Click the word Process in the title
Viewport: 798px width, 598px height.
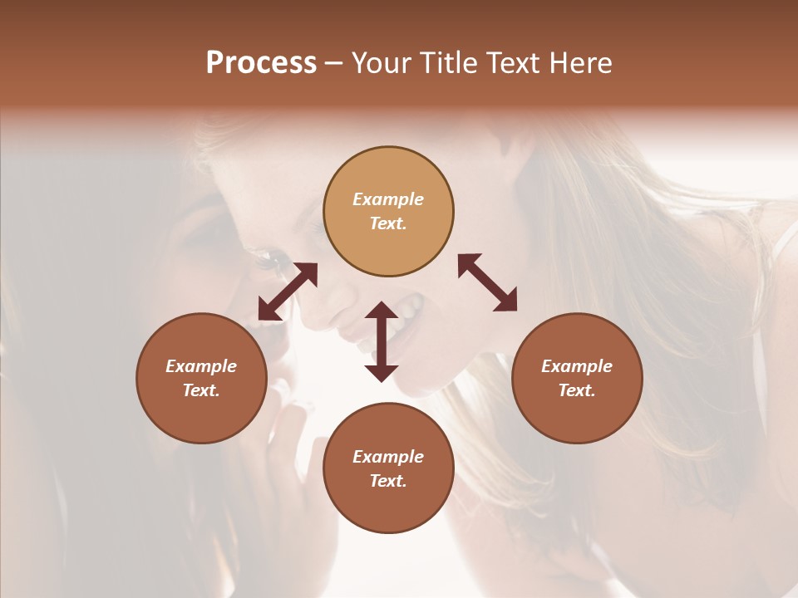261,63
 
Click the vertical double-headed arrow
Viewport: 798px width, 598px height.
382,341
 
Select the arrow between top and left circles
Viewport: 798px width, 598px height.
288,292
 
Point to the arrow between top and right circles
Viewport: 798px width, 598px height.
488,282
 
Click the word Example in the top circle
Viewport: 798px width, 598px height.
388,199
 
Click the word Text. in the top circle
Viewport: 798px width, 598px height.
388,223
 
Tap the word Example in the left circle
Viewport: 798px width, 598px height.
201,366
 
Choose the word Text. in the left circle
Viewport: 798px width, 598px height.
201,390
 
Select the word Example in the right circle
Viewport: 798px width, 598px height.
577,366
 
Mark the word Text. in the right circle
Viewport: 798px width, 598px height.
577,390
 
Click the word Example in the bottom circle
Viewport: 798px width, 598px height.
388,457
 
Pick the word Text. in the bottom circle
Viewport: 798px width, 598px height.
388,481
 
